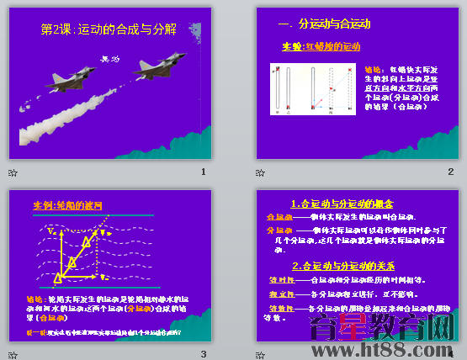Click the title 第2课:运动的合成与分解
(109, 29)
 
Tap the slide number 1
(203, 172)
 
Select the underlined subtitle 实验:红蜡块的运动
(320, 46)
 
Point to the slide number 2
(450, 172)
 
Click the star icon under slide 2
(260, 172)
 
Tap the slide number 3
(203, 354)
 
